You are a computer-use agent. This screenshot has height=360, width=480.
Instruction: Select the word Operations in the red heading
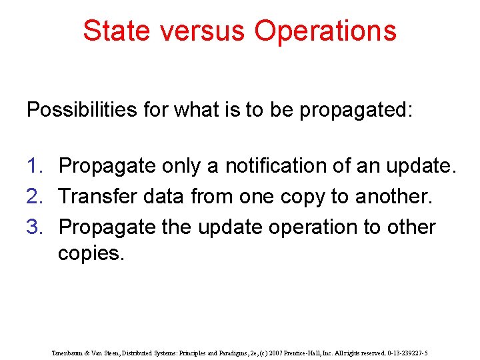coord(326,31)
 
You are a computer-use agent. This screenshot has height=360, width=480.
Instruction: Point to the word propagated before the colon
coord(353,110)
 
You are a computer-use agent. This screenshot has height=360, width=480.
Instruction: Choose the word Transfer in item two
coord(97,197)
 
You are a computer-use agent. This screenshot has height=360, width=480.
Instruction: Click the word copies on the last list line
coord(90,254)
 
